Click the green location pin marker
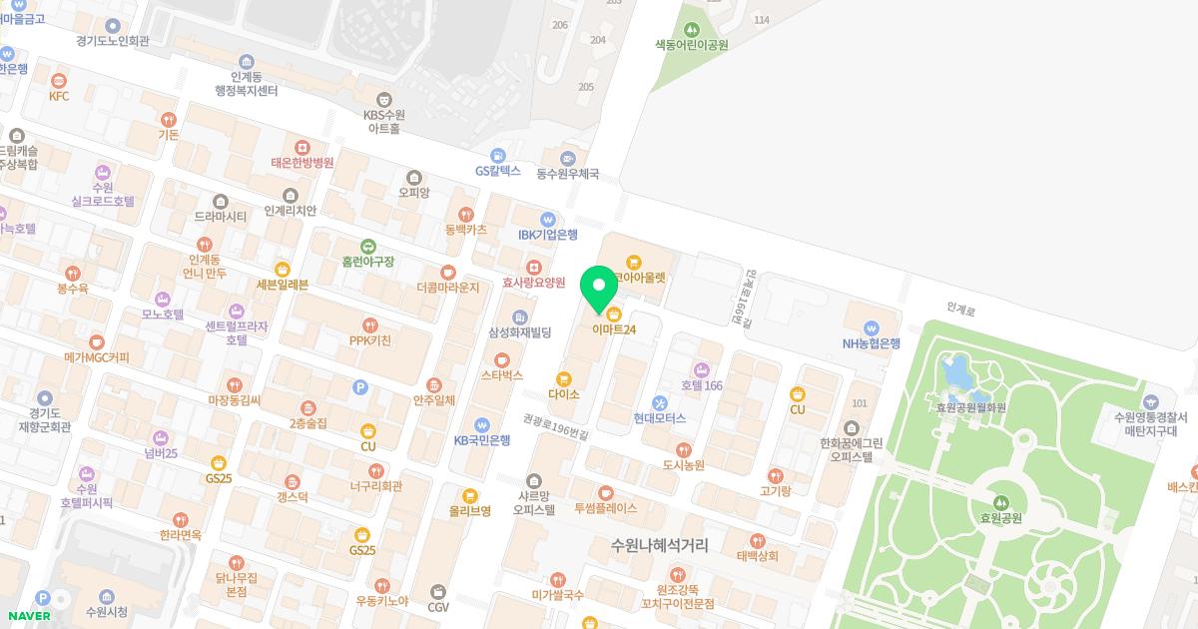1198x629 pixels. click(599, 289)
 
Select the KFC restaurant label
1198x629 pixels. click(59, 96)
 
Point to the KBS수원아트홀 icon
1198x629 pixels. click(383, 99)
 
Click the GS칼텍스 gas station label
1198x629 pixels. click(498, 171)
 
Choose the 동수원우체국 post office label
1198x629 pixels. click(567, 173)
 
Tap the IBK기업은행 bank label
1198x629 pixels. click(547, 234)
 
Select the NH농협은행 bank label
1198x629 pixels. click(871, 342)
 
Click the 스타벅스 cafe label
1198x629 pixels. click(502, 375)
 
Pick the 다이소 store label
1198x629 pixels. click(564, 393)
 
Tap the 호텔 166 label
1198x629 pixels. click(701, 384)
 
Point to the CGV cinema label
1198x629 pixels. click(438, 605)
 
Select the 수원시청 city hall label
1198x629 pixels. click(107, 611)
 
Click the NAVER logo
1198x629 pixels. click(28, 616)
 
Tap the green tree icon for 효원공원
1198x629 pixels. click(1001, 501)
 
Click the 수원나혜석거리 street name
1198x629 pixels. click(660, 545)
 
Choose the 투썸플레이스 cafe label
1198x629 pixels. click(605, 507)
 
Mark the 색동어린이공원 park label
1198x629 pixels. click(691, 44)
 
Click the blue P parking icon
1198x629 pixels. click(361, 386)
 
